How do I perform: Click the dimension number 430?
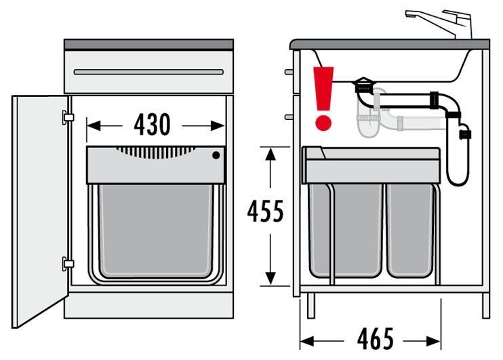pyautogui.click(x=153, y=125)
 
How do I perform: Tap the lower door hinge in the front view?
pyautogui.click(x=68, y=262)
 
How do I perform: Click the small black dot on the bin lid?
pyautogui.click(x=216, y=155)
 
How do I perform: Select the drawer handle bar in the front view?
pyautogui.click(x=148, y=72)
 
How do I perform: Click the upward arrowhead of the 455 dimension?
pyautogui.click(x=270, y=155)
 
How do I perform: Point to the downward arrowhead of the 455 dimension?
pyautogui.click(x=270, y=279)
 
